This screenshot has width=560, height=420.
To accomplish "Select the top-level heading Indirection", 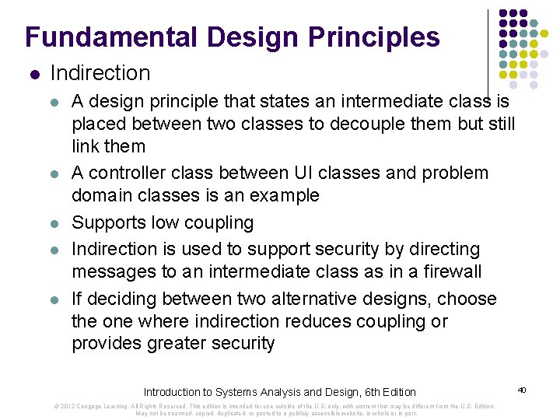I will pyautogui.click(x=100, y=73).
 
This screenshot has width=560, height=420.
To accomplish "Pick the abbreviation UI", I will pyautogui.click(x=306, y=173).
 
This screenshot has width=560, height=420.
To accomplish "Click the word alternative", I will pyautogui.click(x=319, y=299).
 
